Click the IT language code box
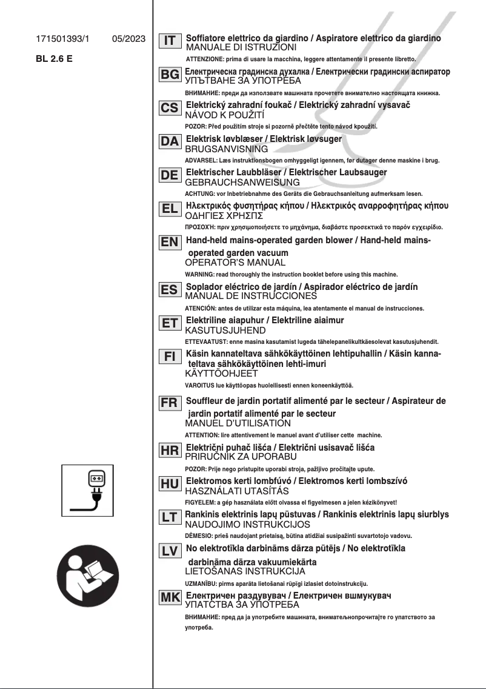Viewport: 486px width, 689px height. [170, 41]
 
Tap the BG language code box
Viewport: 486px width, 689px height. [170, 75]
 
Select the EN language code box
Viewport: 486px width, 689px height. [170, 242]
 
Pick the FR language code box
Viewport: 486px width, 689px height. [170, 403]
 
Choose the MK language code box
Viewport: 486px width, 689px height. [170, 597]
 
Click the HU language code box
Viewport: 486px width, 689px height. [170, 483]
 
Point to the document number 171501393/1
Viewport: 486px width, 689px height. [62, 39]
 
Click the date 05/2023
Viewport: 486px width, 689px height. [128, 39]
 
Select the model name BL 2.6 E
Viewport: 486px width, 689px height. [55, 59]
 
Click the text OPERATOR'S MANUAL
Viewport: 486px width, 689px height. [235, 263]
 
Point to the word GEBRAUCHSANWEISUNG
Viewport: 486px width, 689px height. [242, 182]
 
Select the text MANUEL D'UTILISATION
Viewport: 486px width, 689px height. [238, 423]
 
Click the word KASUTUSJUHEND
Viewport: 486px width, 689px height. [225, 331]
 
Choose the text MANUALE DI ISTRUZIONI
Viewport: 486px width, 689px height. [241, 47]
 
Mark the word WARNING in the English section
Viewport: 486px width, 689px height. [198, 275]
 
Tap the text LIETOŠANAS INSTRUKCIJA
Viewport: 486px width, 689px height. [245, 571]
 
